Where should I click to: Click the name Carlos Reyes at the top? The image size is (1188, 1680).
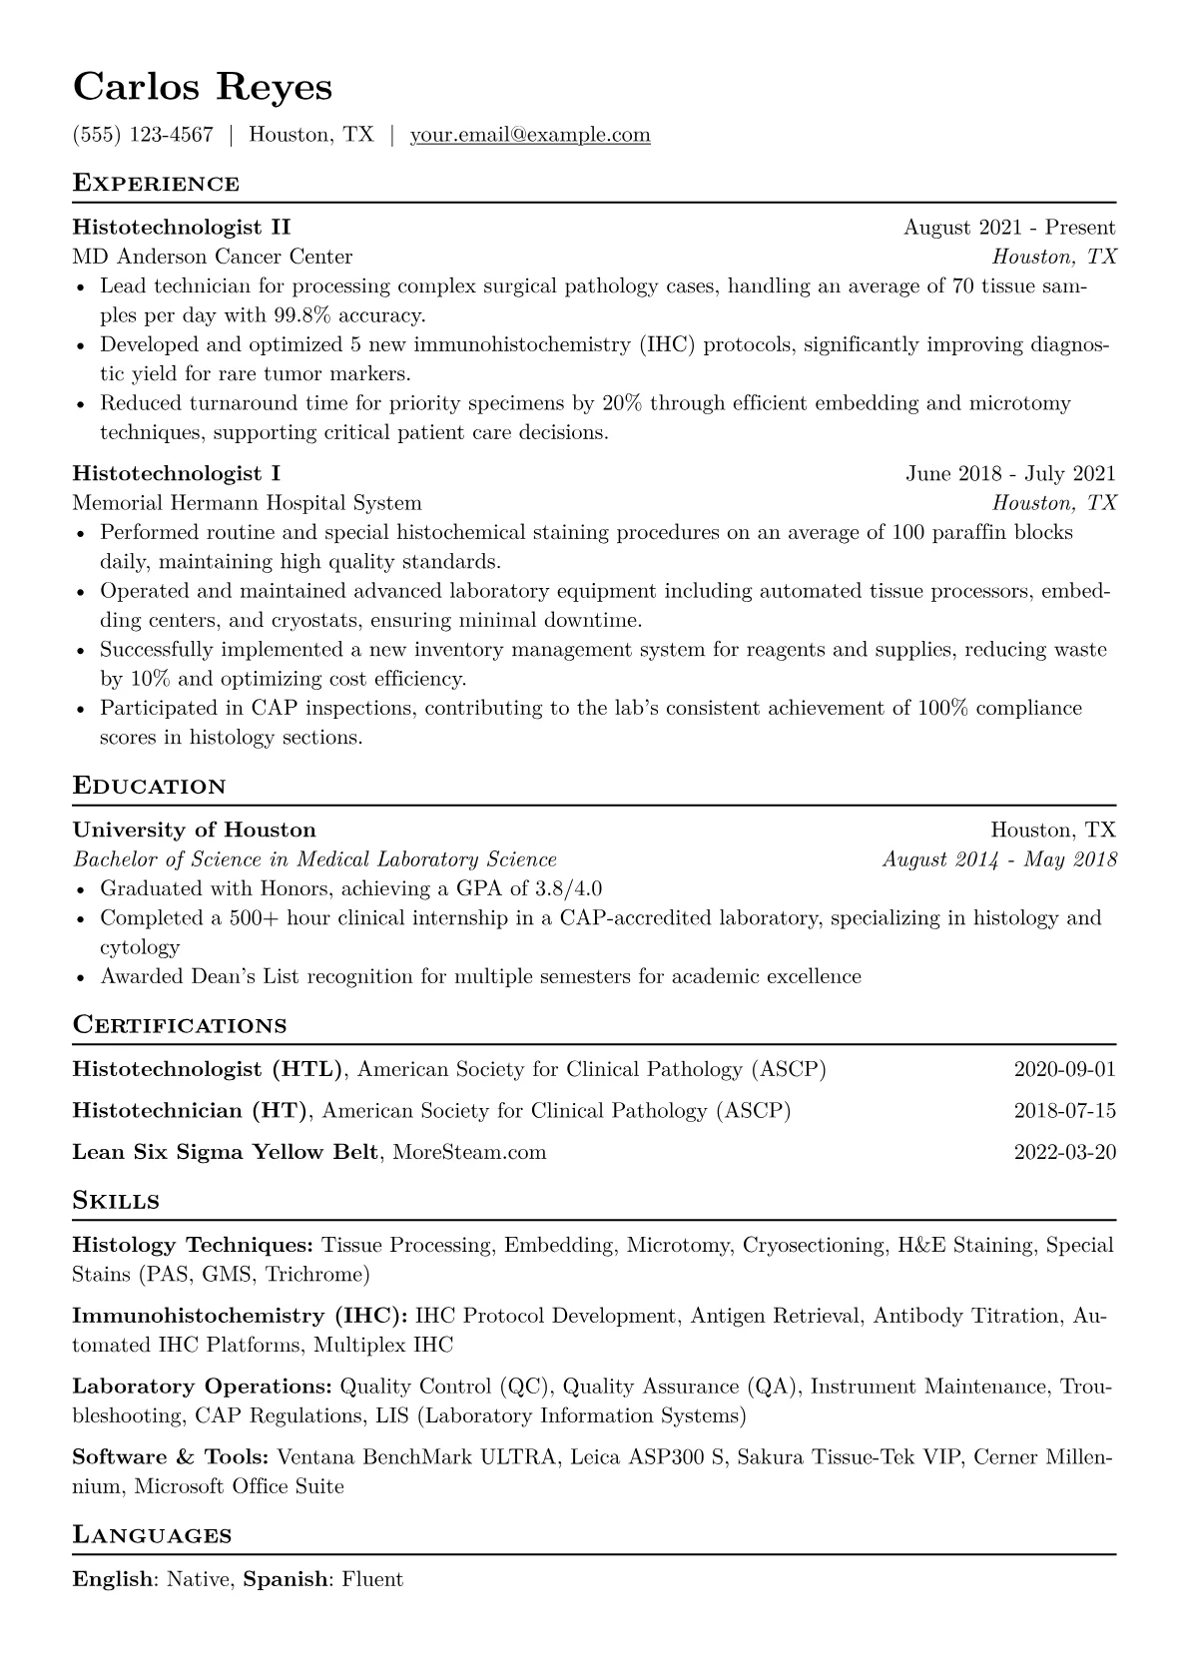(202, 88)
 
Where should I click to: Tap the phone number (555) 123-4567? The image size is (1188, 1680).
(143, 135)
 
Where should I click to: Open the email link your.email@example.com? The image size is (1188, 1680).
(529, 135)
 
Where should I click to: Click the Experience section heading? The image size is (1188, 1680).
(156, 184)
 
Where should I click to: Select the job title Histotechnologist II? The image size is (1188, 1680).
(182, 228)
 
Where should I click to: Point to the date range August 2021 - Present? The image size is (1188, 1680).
(1009, 228)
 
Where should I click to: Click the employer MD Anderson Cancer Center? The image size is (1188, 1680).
(212, 257)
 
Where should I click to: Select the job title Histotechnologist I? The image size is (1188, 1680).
(177, 473)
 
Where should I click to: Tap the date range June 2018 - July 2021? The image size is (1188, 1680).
(1010, 473)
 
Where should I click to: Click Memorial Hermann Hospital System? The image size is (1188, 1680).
(247, 503)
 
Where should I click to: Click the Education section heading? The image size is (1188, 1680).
(150, 787)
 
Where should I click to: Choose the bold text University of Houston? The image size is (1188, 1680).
(194, 830)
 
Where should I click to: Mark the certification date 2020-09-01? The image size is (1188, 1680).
(1064, 1070)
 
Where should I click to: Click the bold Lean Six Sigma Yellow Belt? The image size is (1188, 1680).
(225, 1152)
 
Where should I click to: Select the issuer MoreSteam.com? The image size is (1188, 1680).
(470, 1152)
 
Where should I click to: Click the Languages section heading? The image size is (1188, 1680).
(153, 1535)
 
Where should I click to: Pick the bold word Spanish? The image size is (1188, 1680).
(286, 1579)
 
